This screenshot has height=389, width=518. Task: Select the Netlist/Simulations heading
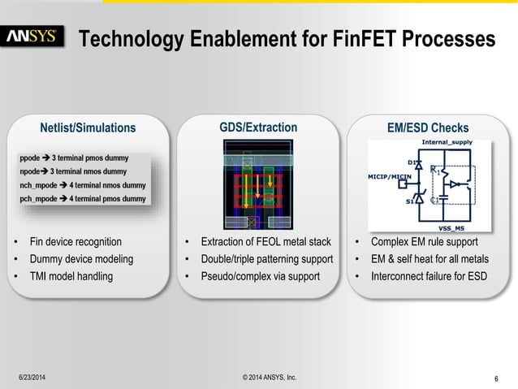88,128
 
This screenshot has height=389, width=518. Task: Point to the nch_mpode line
82,185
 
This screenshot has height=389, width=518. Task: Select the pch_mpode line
82,199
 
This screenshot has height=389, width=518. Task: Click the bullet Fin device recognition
76,242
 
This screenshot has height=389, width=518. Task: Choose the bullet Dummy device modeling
80,259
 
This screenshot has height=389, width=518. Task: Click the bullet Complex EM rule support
424,242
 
